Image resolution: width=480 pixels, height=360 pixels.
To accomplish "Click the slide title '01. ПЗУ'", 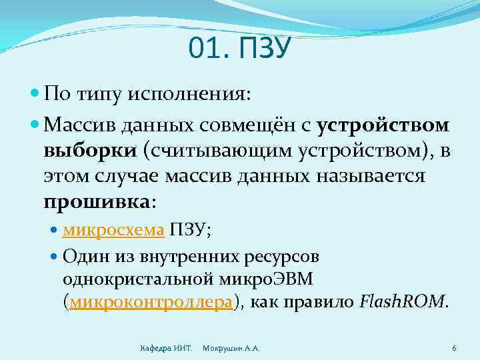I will (240, 49).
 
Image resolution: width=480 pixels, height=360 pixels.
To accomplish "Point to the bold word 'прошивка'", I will (97, 201).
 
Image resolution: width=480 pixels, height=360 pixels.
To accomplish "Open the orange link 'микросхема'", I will (113, 230).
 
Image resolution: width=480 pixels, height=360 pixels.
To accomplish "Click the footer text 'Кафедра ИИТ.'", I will (166, 349).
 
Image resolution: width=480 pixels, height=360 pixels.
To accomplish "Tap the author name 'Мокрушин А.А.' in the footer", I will (231, 349).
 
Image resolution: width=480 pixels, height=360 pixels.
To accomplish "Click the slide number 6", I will (454, 348).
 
